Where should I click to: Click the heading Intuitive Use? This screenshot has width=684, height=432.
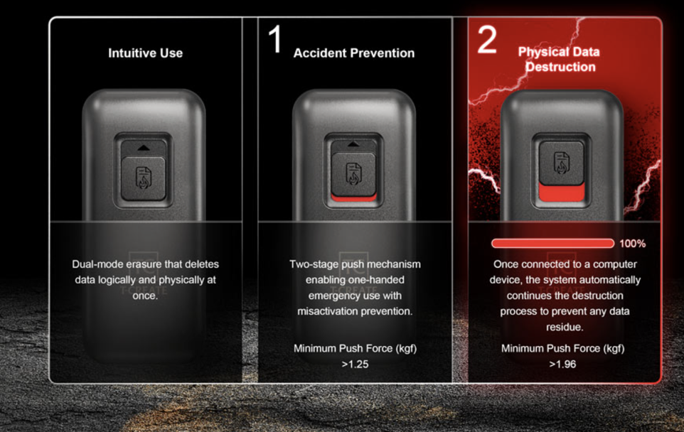[145, 53]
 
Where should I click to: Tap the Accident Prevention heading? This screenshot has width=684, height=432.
[354, 53]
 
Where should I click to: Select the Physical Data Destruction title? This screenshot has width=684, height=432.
[559, 59]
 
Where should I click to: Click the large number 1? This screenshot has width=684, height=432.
[275, 39]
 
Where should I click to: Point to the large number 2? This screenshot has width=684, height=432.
[487, 39]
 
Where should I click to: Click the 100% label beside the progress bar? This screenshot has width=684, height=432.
[633, 244]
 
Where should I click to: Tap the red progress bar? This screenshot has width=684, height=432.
[552, 243]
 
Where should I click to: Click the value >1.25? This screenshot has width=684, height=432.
[355, 364]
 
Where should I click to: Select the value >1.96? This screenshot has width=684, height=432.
[562, 364]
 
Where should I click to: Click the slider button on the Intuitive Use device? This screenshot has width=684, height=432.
[143, 179]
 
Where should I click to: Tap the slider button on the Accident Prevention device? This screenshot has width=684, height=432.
[353, 173]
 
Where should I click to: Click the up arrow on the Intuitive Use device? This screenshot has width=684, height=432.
[143, 148]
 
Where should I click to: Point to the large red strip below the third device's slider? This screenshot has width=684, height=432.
[562, 192]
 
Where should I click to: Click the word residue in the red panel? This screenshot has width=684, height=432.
[565, 327]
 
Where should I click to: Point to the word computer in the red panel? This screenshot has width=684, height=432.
[615, 264]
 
